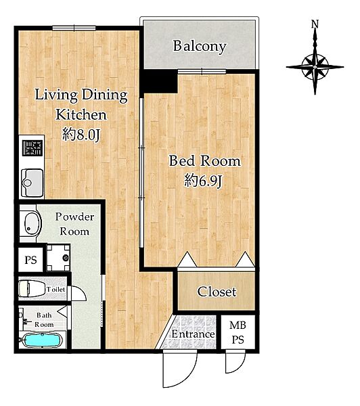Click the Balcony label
tap(200, 47)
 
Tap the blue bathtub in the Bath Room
tap(42, 340)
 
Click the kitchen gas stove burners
tap(32, 148)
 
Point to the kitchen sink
tap(32, 183)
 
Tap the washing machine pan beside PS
tap(58, 258)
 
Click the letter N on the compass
tap(315, 24)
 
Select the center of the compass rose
tap(315, 67)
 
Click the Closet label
tap(217, 292)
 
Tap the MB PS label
tap(238, 332)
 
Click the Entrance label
tap(194, 334)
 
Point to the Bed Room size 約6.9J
tap(203, 181)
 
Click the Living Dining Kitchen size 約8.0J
tap(81, 135)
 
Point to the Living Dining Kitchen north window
tap(74, 28)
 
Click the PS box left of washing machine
tap(30, 260)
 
